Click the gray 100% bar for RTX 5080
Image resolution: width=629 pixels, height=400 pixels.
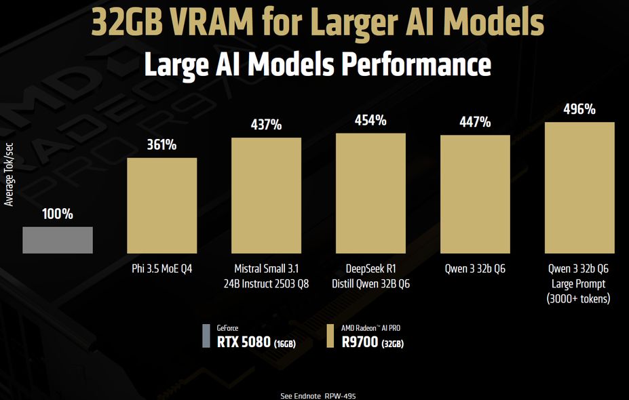58,240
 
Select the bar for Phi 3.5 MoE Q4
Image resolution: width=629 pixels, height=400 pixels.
162,205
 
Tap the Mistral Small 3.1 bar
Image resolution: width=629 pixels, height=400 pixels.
267,195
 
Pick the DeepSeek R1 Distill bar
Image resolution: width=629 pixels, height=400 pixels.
371,193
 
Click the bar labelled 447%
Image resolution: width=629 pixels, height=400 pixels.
475,194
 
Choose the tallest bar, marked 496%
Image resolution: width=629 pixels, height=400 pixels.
579,188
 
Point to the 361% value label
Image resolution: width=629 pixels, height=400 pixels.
162,144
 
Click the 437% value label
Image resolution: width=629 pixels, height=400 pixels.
267,125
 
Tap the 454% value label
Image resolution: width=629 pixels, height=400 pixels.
371,121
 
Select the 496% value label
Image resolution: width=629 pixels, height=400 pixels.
579,109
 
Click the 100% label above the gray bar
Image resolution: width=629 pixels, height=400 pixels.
58,214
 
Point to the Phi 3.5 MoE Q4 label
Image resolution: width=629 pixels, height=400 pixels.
162,269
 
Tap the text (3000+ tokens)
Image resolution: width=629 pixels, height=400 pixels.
579,298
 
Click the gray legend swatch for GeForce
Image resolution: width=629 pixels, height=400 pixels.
206,336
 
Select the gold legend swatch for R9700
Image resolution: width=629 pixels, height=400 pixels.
330,336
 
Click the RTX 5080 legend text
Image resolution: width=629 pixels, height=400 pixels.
245,342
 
